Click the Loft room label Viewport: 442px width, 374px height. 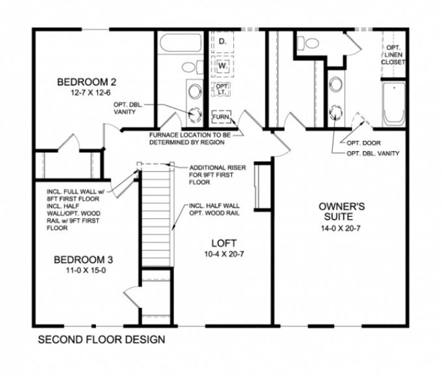click(x=224, y=242)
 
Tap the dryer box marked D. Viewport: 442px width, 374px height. click(x=222, y=41)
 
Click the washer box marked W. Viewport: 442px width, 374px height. click(x=222, y=64)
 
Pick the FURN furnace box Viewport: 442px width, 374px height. click(x=221, y=117)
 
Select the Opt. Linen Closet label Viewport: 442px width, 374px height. click(x=393, y=55)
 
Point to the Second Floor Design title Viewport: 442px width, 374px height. click(x=102, y=340)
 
